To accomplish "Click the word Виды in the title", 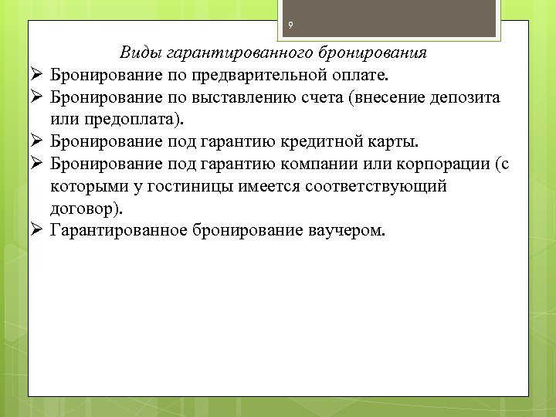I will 137,53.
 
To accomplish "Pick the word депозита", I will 463,98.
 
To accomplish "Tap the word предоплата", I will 119,120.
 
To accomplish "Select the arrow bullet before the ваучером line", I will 38,232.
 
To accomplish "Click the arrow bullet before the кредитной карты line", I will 38,143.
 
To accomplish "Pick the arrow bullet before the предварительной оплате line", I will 38,76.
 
